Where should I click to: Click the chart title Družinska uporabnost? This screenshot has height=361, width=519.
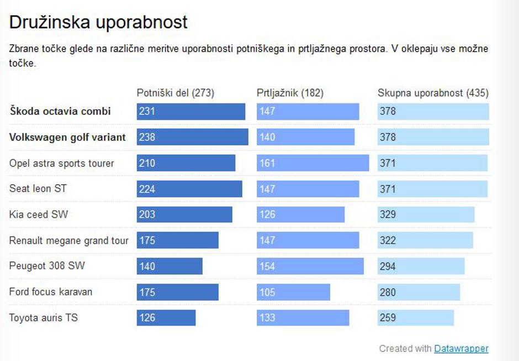tap(99, 23)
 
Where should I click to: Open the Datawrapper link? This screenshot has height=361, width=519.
tap(461, 348)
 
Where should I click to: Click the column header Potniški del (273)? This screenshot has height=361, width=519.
tap(176, 93)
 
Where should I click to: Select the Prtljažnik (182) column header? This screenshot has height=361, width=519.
tap(290, 93)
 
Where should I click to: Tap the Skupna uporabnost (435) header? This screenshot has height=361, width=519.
tap(433, 93)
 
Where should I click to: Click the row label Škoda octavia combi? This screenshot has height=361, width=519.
tap(60, 111)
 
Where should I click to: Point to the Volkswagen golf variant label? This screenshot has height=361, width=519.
tap(67, 137)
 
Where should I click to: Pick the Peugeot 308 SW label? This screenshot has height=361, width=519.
tap(47, 266)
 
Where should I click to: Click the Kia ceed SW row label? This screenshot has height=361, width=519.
tap(39, 214)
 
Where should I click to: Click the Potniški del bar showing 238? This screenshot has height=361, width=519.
tap(192, 137)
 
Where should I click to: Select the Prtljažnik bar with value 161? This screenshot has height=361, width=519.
tap(313, 163)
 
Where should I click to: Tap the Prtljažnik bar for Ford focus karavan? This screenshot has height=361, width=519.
tap(293, 292)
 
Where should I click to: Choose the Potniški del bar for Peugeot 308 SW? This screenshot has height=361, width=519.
tap(170, 266)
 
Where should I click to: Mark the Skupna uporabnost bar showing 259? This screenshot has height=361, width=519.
tap(415, 318)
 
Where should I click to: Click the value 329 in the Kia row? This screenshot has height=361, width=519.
tap(388, 214)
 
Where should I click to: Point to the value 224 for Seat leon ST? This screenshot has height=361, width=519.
tap(147, 189)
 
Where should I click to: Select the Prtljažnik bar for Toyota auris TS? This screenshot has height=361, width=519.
tap(303, 318)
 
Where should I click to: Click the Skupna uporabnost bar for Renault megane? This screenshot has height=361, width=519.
tap(425, 240)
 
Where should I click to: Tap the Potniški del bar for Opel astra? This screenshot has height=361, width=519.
tap(186, 163)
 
